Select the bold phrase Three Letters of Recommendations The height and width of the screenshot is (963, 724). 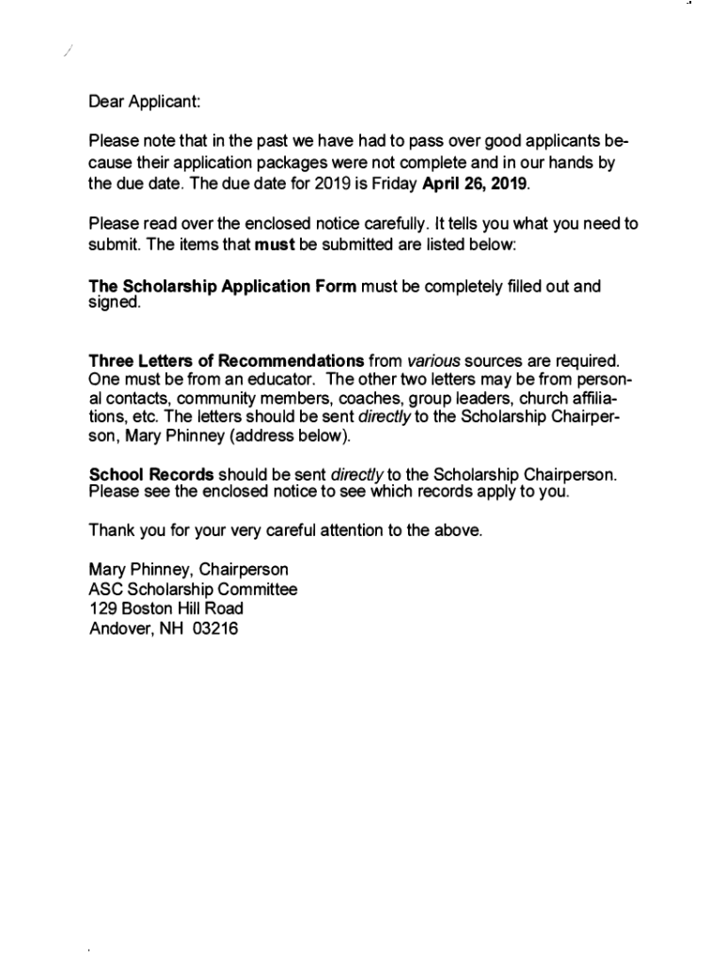226,360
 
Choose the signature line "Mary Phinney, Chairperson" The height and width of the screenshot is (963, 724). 188,570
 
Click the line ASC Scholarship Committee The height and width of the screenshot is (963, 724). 193,590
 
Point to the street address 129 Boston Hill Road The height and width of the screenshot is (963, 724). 166,609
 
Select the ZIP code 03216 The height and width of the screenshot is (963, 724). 215,629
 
